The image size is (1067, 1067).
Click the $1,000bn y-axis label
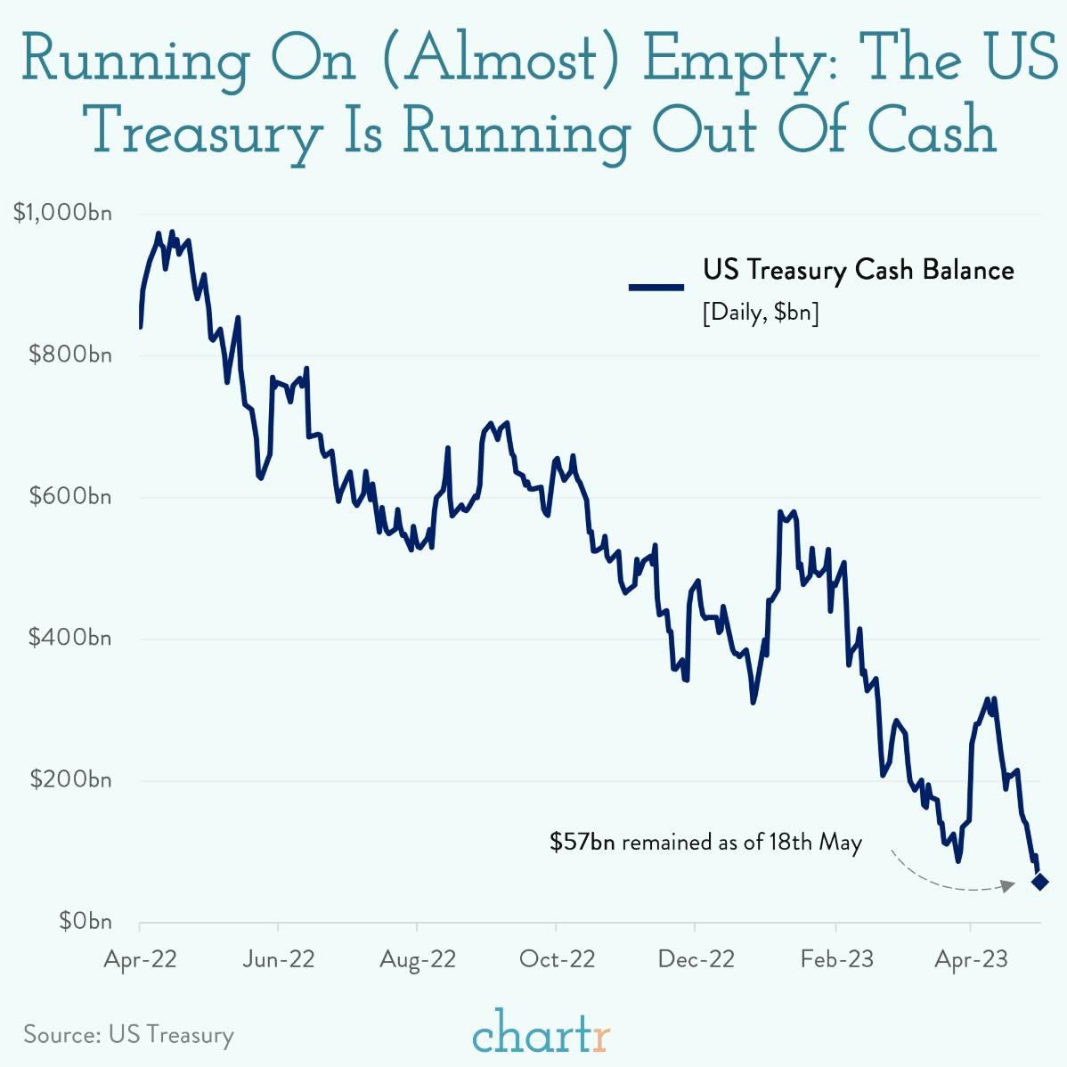click(x=62, y=213)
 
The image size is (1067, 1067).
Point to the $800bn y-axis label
click(x=70, y=354)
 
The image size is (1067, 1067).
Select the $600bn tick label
click(x=70, y=496)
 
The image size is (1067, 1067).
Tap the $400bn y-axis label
click(x=70, y=638)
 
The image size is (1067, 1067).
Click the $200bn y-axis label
click(x=70, y=779)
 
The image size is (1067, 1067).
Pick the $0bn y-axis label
click(x=86, y=921)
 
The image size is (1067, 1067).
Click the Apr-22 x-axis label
click(x=140, y=959)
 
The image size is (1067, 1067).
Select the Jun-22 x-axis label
click(x=279, y=959)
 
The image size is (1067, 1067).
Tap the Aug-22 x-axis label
click(x=418, y=959)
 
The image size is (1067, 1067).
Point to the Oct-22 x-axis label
click(x=557, y=959)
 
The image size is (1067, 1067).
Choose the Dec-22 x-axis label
click(x=696, y=959)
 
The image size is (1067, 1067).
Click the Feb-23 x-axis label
click(x=836, y=959)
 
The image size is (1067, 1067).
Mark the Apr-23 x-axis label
click(x=971, y=959)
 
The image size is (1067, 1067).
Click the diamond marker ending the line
click(x=1039, y=882)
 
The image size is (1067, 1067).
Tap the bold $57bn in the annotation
click(x=582, y=842)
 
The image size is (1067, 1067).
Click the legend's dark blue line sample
click(x=656, y=287)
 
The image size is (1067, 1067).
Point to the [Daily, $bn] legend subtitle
click(x=761, y=314)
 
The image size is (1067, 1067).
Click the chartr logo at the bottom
click(x=541, y=1033)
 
